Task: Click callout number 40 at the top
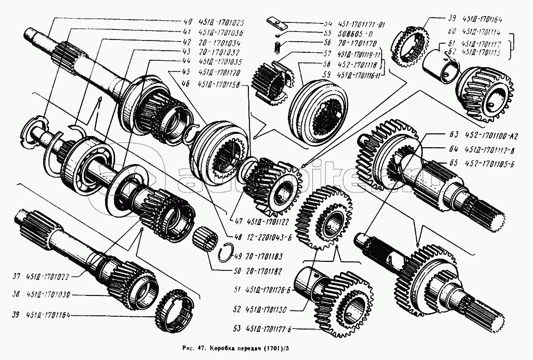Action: point(186,22)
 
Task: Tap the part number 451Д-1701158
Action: point(219,85)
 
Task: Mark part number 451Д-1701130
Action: point(268,309)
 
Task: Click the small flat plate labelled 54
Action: point(276,23)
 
